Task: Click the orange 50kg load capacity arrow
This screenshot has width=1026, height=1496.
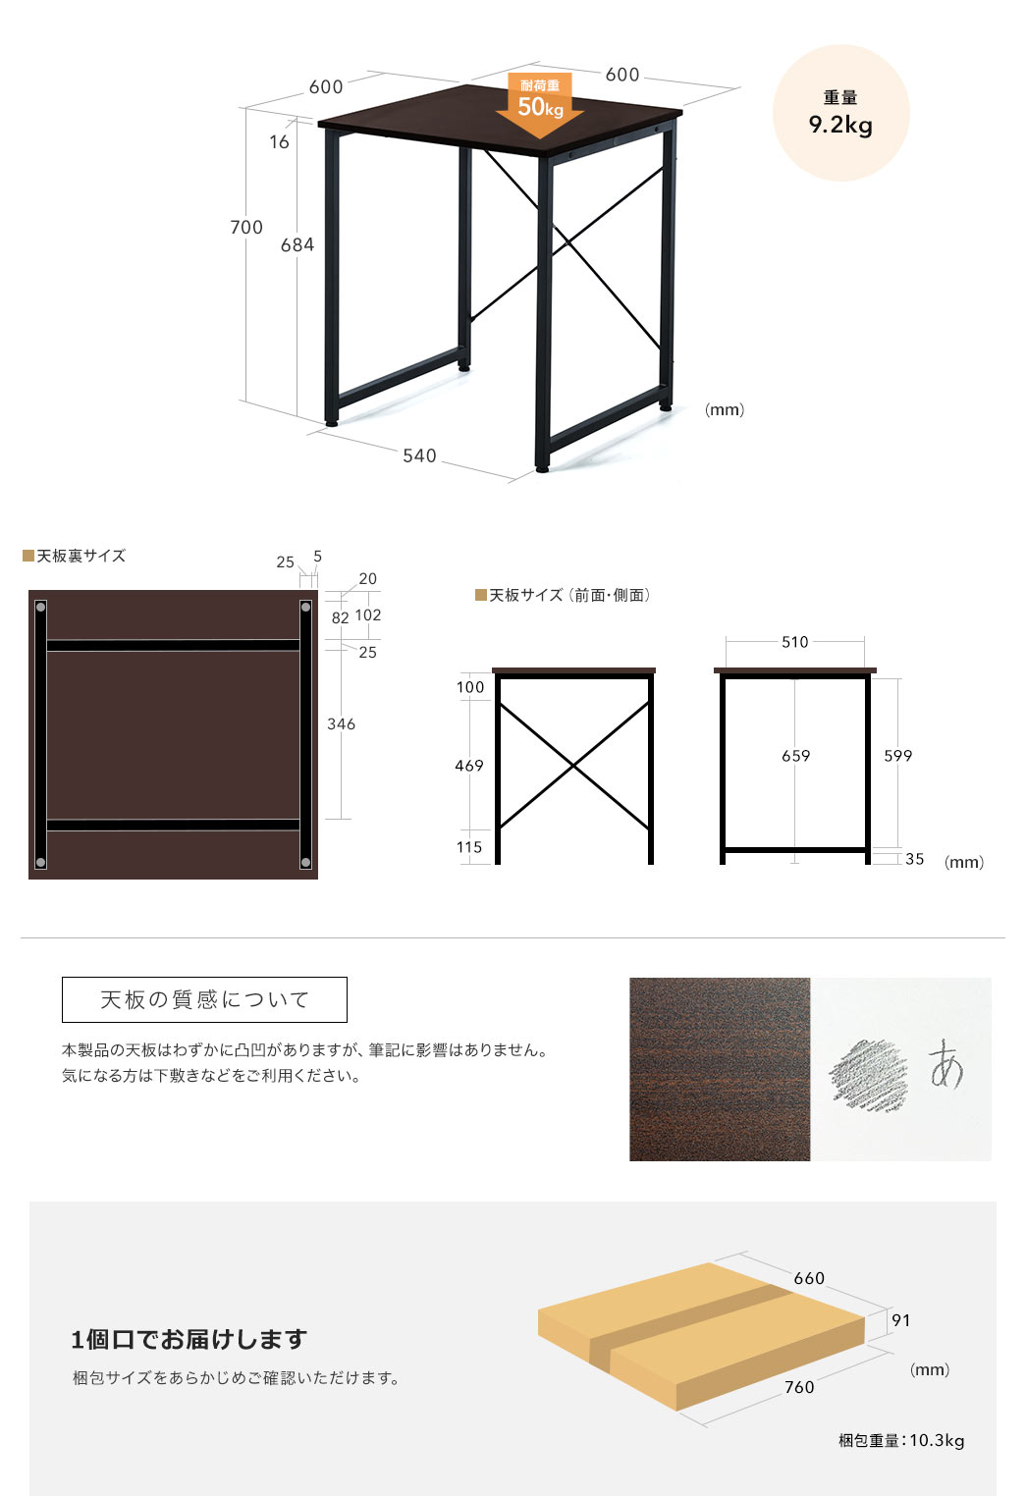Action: click(540, 104)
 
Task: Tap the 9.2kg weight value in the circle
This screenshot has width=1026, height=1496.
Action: click(840, 125)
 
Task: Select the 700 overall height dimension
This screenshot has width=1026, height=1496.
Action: click(246, 228)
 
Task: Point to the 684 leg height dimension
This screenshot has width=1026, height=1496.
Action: click(297, 245)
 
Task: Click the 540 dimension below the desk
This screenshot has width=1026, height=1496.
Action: click(419, 455)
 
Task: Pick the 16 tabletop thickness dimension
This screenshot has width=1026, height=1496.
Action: click(279, 142)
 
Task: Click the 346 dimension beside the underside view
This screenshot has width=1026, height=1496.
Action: click(341, 724)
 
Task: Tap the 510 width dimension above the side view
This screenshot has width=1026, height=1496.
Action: click(795, 642)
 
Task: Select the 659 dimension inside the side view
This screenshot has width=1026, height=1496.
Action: click(795, 755)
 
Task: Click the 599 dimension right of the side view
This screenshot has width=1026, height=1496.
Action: click(897, 755)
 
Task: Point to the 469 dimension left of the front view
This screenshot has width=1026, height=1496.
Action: click(469, 766)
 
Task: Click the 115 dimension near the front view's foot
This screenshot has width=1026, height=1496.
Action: click(469, 847)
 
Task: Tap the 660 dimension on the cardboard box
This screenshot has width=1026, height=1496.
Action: click(809, 1278)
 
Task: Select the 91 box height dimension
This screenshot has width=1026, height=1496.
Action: click(901, 1319)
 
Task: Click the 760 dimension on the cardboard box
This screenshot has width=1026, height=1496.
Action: click(799, 1386)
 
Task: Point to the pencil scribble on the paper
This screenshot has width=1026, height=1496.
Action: click(868, 1075)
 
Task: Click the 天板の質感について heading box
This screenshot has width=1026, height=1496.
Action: click(204, 999)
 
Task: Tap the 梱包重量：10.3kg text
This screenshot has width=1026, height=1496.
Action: click(901, 1440)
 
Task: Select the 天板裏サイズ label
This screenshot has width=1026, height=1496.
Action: click(81, 556)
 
